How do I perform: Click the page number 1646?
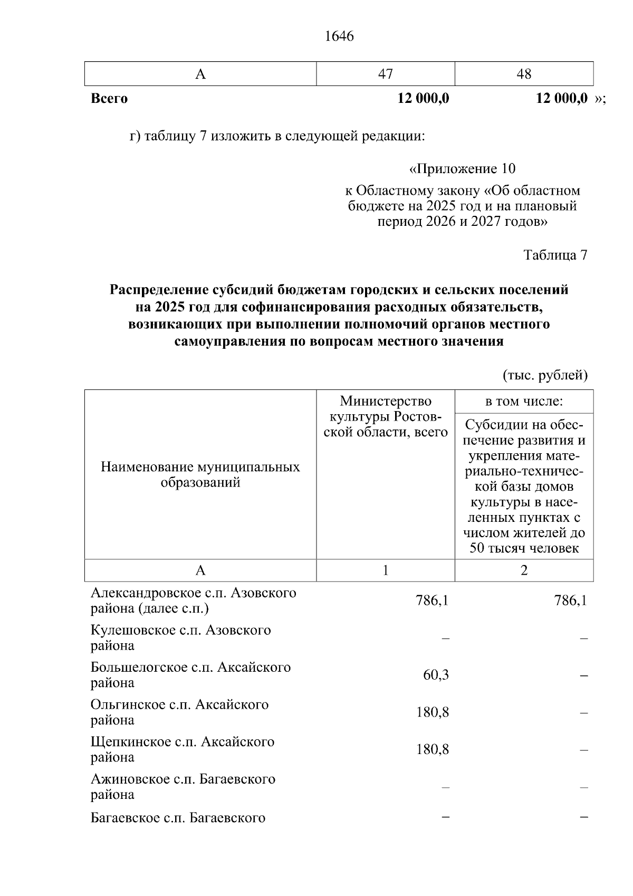tap(339, 36)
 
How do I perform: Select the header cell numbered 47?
tap(386, 74)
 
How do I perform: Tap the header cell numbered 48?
tap(524, 74)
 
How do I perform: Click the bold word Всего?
tap(109, 99)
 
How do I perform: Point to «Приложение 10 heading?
tap(462, 169)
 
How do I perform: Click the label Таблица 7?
tap(555, 255)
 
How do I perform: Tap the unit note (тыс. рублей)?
tap(544, 375)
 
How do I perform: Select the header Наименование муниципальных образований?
tap(200, 474)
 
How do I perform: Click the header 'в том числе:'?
tap(524, 402)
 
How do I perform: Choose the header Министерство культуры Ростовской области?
tap(386, 417)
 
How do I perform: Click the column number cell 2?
tap(524, 570)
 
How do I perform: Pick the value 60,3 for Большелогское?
tap(436, 675)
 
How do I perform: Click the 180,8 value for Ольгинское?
tap(433, 712)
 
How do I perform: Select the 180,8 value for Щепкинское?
tap(433, 749)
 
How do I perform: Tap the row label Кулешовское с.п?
tap(180, 637)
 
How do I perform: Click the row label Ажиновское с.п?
tap(183, 786)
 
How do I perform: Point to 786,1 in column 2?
tap(571, 600)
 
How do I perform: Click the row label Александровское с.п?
tap(193, 600)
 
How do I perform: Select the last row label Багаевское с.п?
tap(178, 818)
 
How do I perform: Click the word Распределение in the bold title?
tap(159, 290)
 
